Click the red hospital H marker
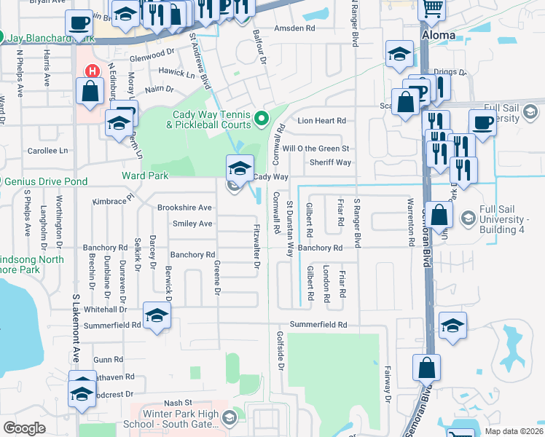(92, 71)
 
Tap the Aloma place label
(438, 35)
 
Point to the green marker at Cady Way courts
(263, 117)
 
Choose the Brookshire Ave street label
(184, 208)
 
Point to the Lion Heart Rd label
(319, 120)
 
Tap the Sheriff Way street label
(330, 162)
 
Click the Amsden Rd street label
(294, 29)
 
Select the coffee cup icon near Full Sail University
(482, 122)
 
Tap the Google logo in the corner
(24, 428)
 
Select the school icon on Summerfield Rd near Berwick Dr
(157, 316)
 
